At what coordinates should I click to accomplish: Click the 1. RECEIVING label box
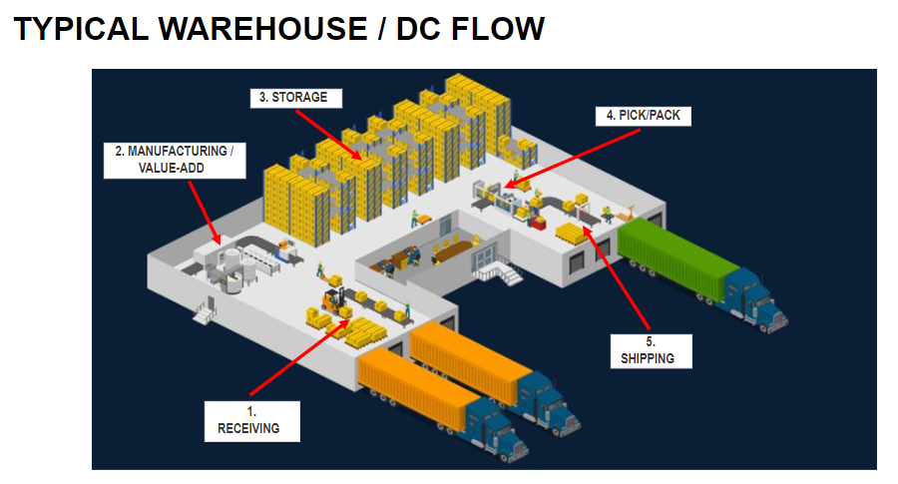(x=249, y=420)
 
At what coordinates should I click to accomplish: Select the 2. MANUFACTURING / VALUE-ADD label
(x=175, y=160)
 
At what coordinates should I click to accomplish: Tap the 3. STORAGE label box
(x=294, y=98)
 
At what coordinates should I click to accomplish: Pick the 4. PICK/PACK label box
(x=643, y=116)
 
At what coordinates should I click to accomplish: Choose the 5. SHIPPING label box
(x=649, y=349)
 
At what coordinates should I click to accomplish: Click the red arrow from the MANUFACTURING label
(x=205, y=211)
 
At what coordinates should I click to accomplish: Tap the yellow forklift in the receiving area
(x=332, y=299)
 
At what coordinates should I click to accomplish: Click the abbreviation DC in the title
(x=419, y=29)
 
